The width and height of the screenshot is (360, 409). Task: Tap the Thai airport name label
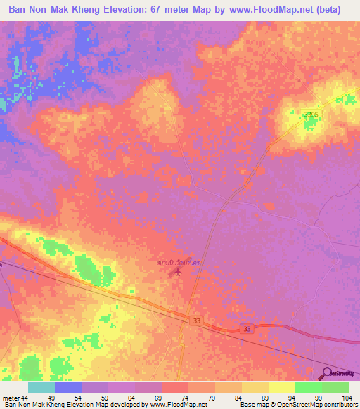coord(180,262)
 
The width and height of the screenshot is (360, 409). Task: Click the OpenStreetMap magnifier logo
coord(328,372)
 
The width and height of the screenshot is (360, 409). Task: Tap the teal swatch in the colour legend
coord(41,387)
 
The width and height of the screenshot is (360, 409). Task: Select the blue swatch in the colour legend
coord(68,387)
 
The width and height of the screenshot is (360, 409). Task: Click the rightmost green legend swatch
coord(335,387)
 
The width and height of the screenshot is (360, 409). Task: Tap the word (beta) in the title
coord(327,10)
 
